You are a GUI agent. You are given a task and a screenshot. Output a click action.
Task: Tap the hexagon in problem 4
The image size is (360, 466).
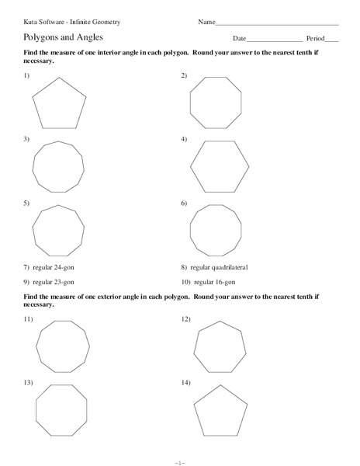(x=220, y=166)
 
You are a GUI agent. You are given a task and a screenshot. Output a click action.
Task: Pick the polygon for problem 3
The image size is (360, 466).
(x=58, y=168)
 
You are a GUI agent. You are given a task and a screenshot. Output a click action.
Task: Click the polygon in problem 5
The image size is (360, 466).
(x=57, y=231)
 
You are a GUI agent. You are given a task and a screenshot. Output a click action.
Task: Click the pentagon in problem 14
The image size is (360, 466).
(x=220, y=410)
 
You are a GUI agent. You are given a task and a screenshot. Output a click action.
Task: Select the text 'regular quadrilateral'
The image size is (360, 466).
(x=224, y=267)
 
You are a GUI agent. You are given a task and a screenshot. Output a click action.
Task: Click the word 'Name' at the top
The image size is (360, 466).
(x=206, y=22)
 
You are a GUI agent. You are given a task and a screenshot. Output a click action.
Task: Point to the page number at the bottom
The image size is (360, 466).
(x=180, y=461)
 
